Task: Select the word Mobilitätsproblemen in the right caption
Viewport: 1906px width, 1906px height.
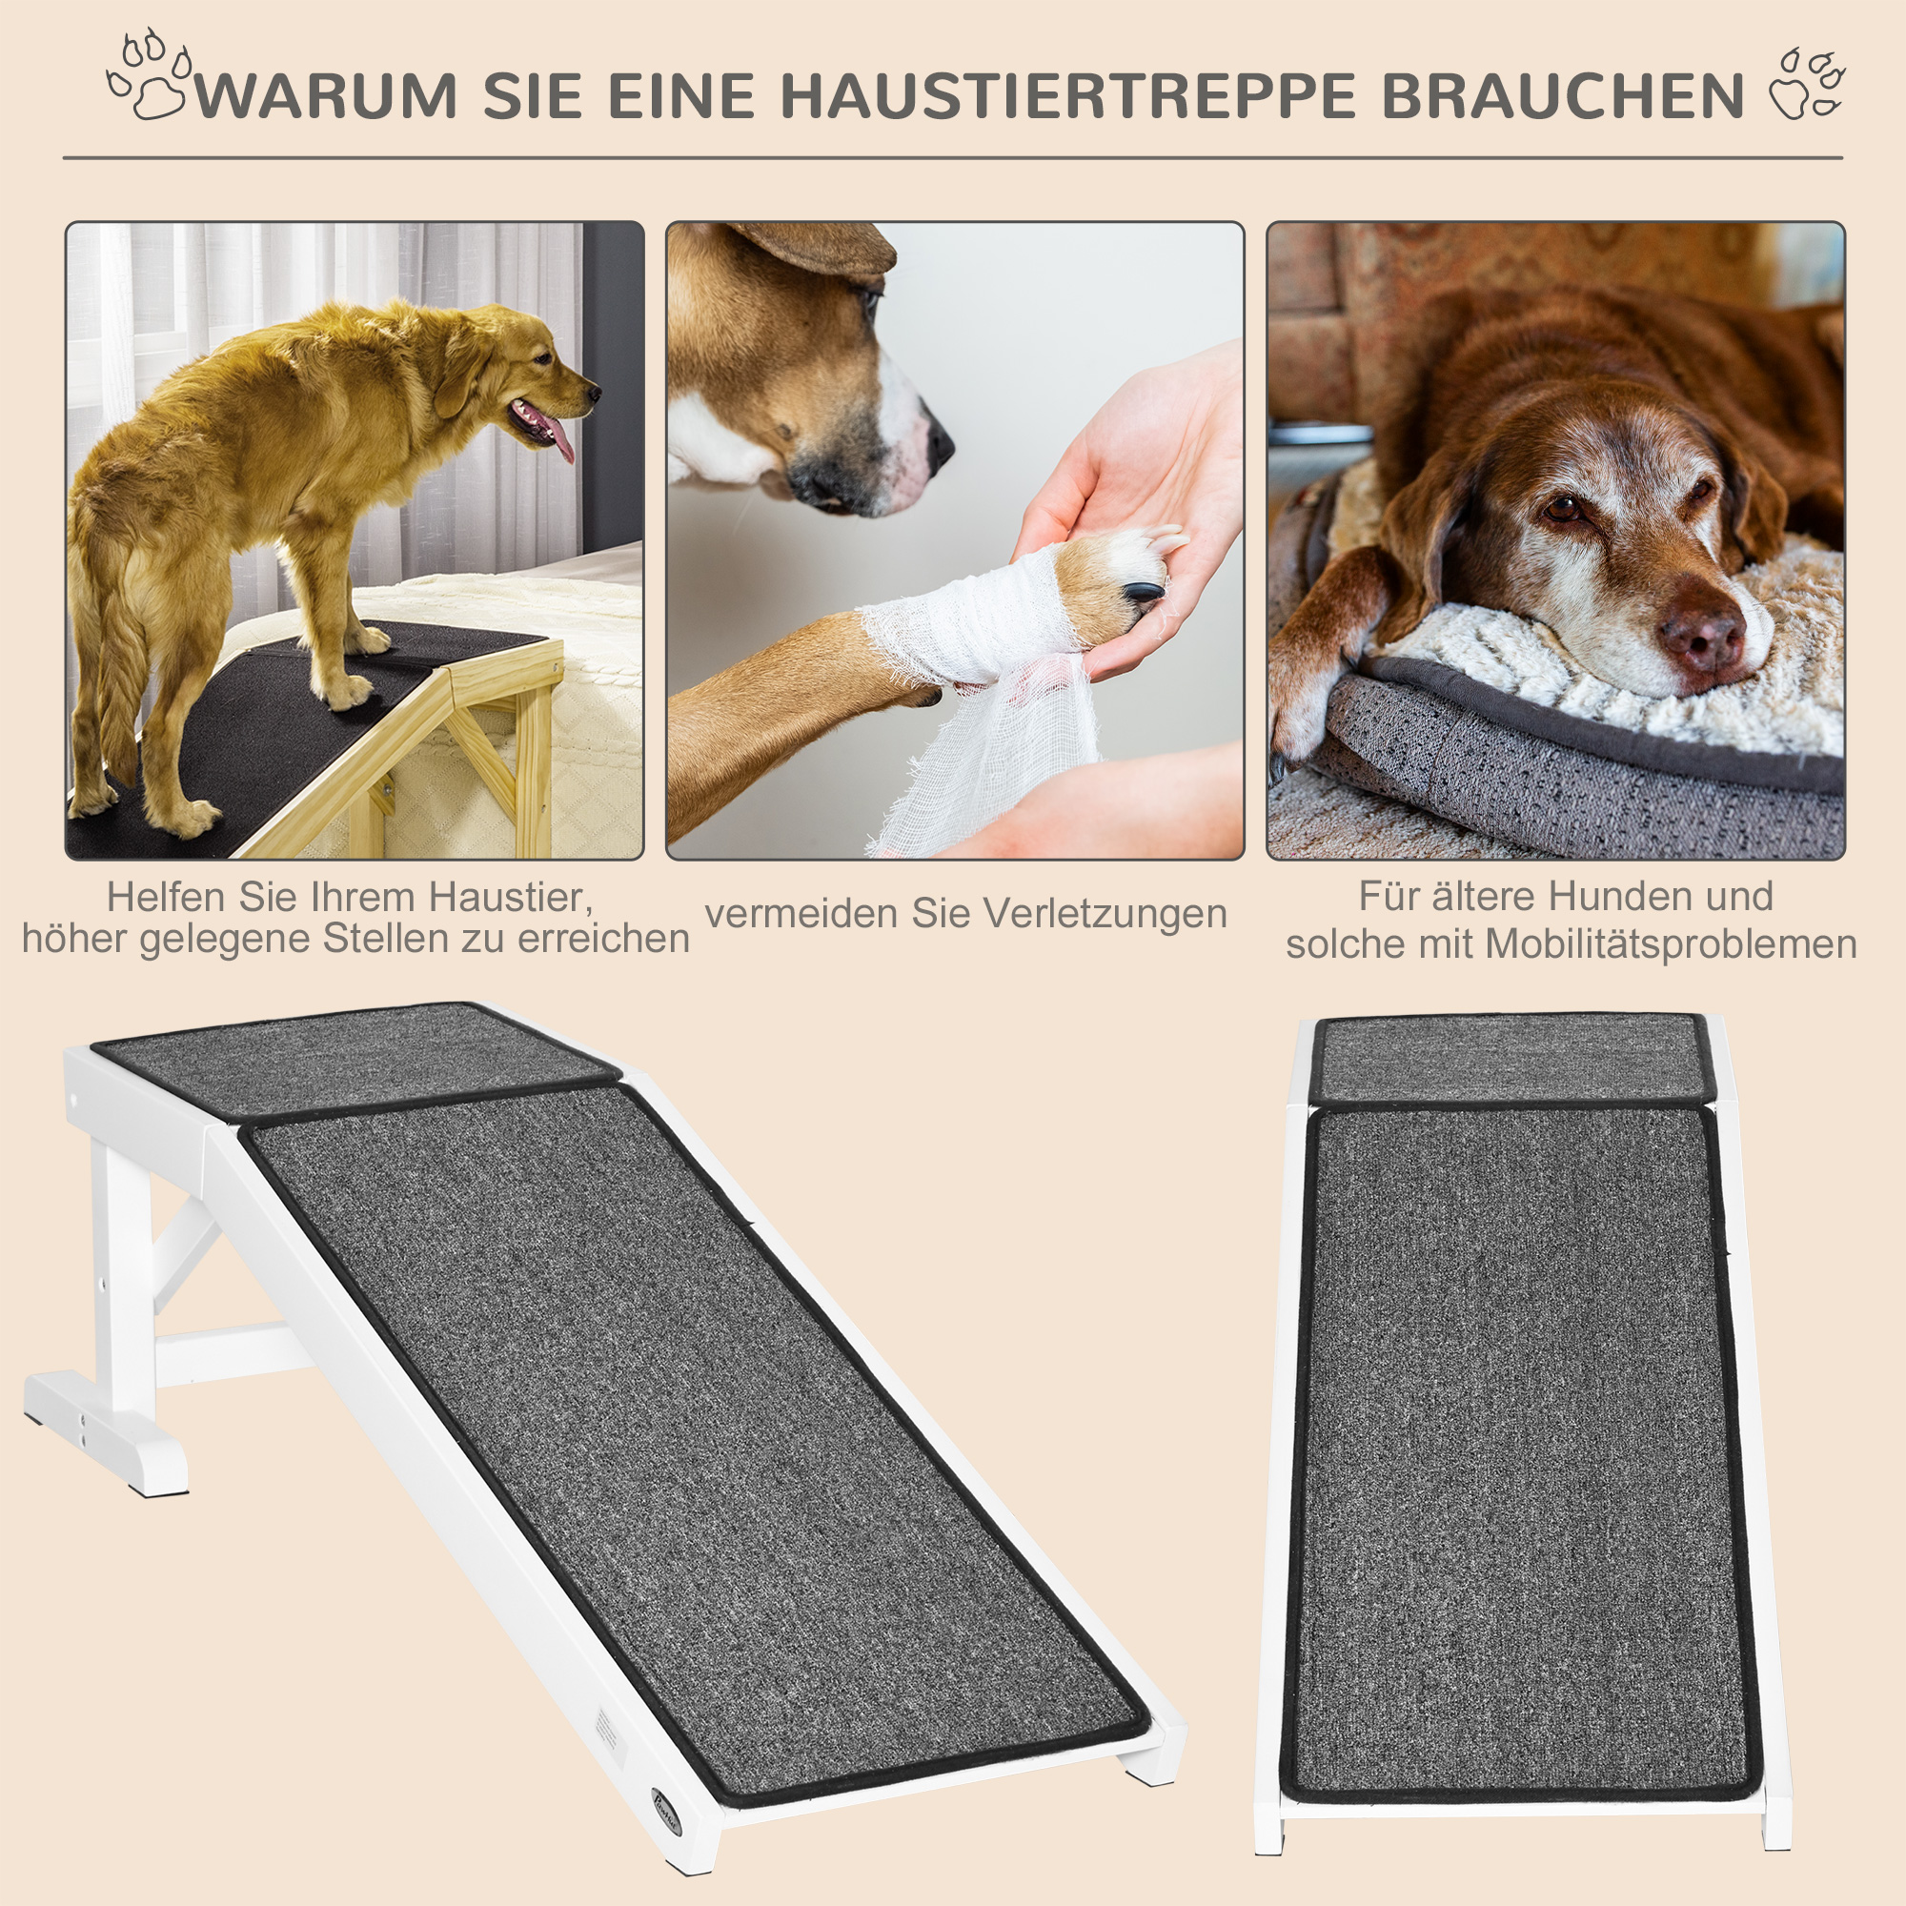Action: coord(1672,944)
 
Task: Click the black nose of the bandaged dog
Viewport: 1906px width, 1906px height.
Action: coord(940,443)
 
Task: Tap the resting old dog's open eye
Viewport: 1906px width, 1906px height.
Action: coord(1564,508)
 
